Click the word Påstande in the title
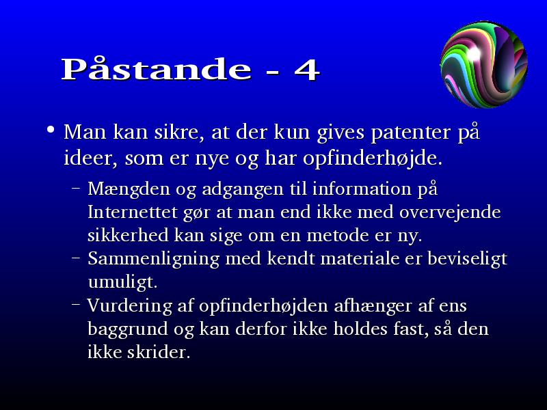coord(157,68)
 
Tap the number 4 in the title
coord(307,70)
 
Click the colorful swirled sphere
coord(484,64)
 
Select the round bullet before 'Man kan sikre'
coord(51,130)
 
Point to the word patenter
coord(411,133)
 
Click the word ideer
coord(90,159)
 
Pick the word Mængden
coord(129,189)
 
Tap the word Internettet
coord(133,212)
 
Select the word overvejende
coord(450,212)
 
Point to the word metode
coord(338,235)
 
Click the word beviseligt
coord(467,259)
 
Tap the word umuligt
coord(123,282)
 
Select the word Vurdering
coord(129,306)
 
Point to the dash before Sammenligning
coord(76,259)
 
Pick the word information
coord(362,189)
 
